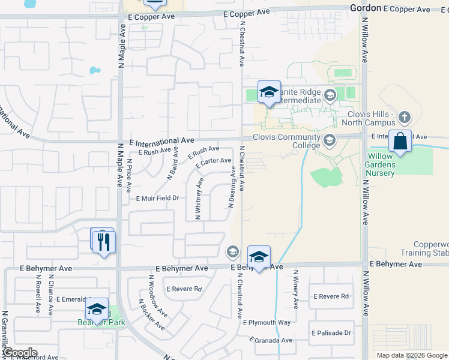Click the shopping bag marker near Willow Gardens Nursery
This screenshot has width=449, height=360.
(400, 142)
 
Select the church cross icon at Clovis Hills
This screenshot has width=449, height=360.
(405, 117)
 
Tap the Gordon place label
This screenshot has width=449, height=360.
(365, 8)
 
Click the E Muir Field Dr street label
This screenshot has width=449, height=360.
(158, 198)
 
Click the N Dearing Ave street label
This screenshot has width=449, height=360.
(231, 188)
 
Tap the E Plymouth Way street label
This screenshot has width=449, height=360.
(267, 323)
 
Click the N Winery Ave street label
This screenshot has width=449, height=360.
(295, 288)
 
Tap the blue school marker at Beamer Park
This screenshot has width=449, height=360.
(96, 310)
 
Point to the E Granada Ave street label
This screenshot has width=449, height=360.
(273, 340)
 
